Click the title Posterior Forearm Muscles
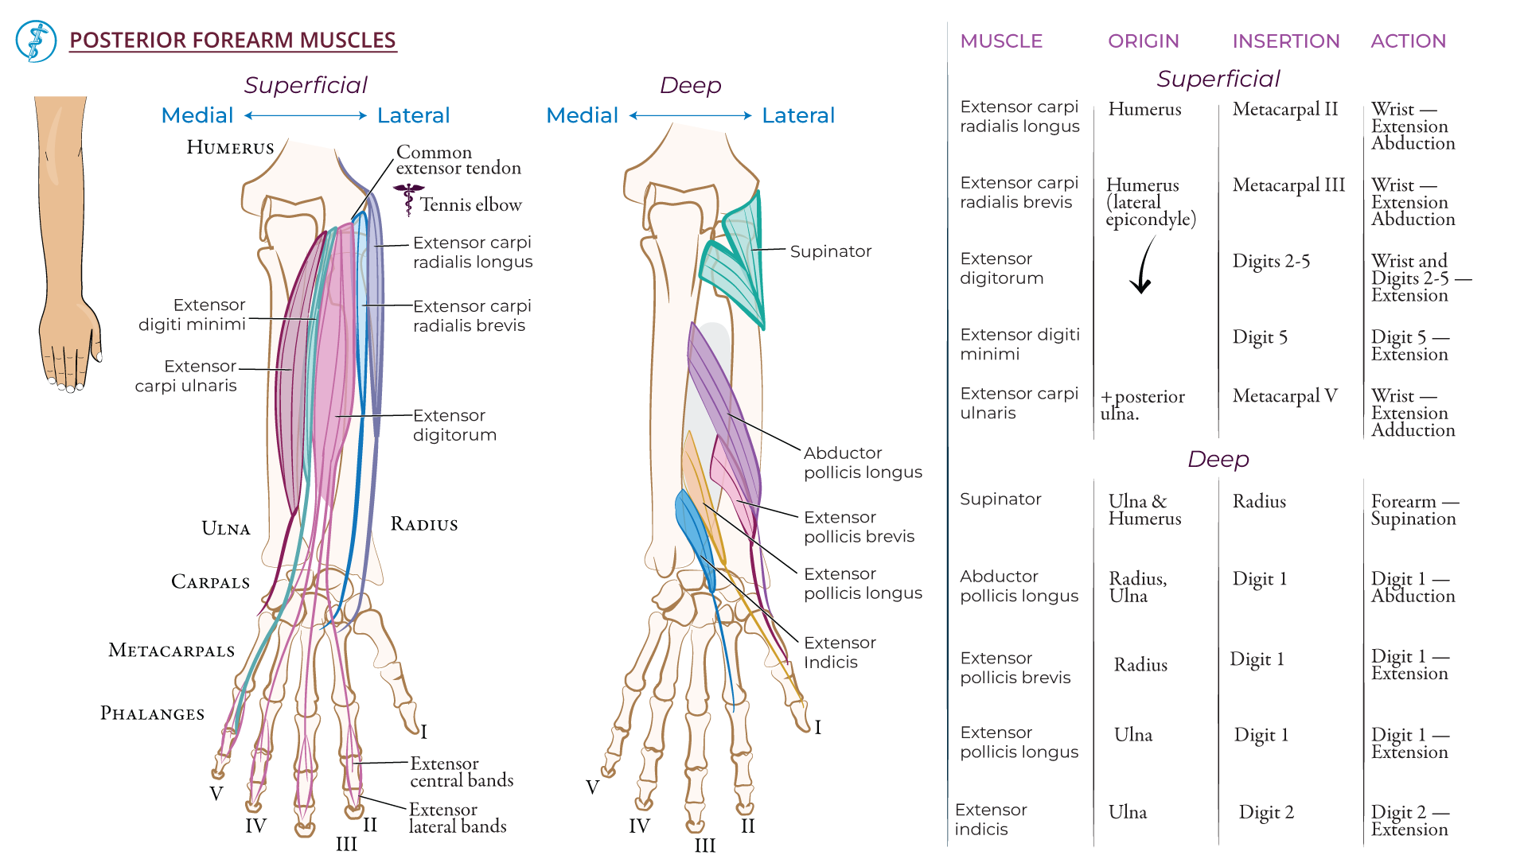tap(232, 40)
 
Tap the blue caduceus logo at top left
tap(36, 41)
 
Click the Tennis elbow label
tap(470, 205)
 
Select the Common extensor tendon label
tap(458, 160)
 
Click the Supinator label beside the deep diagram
tap(830, 251)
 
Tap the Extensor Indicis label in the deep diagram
tap(839, 652)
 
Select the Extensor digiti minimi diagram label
tap(192, 314)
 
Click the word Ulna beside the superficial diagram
tap(225, 529)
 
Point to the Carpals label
tap(210, 582)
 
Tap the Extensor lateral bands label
tap(457, 818)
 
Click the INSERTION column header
tap(1285, 41)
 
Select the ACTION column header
tap(1407, 41)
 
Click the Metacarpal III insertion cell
tap(1288, 185)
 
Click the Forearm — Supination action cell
tap(1413, 510)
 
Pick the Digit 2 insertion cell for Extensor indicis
tap(1265, 812)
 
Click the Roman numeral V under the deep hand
tap(592, 787)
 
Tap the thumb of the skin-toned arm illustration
tap(94, 334)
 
